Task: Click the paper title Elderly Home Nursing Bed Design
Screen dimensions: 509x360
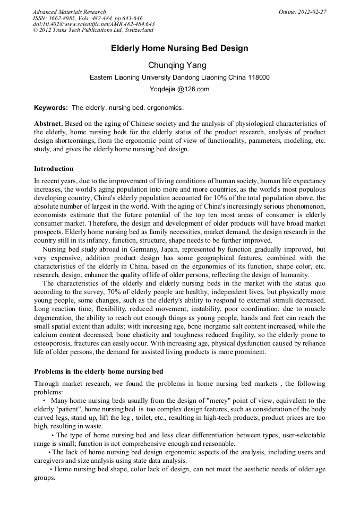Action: tap(179, 48)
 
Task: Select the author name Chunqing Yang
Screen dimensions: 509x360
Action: tap(179, 65)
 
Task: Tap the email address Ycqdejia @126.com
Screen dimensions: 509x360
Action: tap(179, 89)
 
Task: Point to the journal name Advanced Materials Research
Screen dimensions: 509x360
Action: tap(69, 12)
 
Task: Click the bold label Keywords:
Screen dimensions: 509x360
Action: tap(51, 108)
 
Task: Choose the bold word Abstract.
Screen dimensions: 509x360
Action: tap(48, 124)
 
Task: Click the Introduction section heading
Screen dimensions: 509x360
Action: tap(54, 169)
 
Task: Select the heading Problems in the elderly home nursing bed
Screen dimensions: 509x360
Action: tap(99, 371)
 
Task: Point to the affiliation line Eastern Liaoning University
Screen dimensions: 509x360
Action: tap(179, 77)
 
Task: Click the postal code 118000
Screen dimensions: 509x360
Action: tap(259, 77)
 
